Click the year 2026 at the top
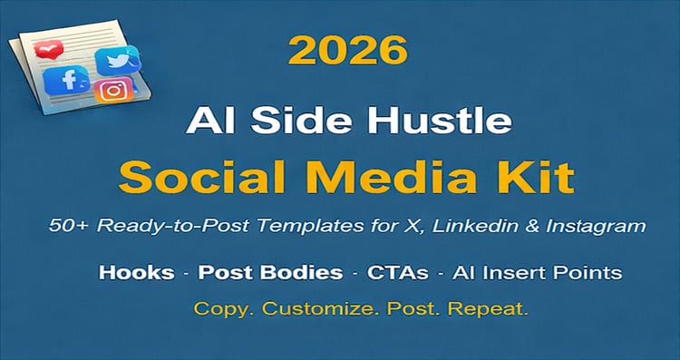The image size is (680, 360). click(x=348, y=50)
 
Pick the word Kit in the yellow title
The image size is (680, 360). click(x=536, y=178)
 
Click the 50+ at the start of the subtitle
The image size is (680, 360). click(x=69, y=226)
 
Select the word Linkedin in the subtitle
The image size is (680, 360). click(x=477, y=226)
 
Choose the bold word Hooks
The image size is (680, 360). click(x=137, y=273)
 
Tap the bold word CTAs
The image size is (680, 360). click(x=398, y=273)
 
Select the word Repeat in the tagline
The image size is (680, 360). click(x=488, y=309)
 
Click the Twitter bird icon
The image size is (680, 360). click(x=118, y=60)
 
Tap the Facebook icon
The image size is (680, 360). click(x=66, y=80)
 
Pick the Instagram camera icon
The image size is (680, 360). click(x=114, y=90)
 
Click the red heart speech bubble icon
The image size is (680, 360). click(x=49, y=49)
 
